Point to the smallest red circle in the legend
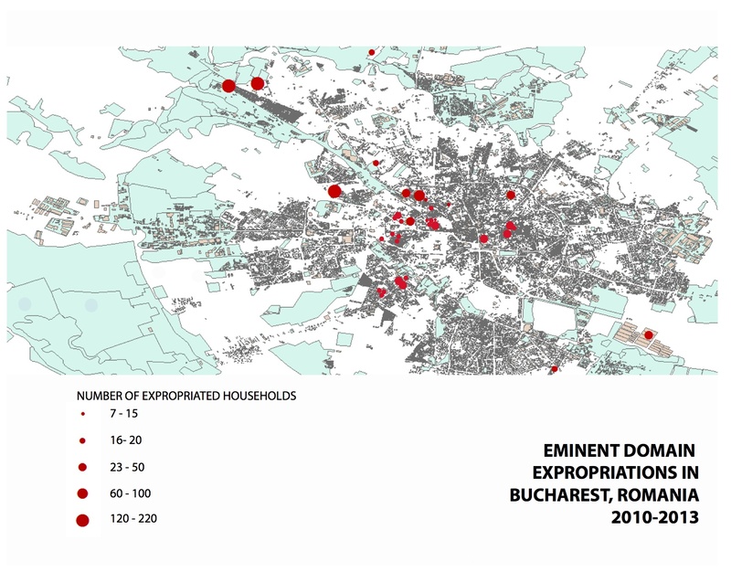(x=82, y=414)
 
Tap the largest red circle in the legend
(x=82, y=521)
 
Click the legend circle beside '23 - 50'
(x=82, y=467)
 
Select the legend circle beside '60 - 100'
(x=82, y=493)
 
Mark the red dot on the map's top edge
(x=372, y=52)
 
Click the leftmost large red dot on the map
(x=228, y=86)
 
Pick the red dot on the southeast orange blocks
(x=649, y=335)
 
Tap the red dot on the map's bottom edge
(x=555, y=369)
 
